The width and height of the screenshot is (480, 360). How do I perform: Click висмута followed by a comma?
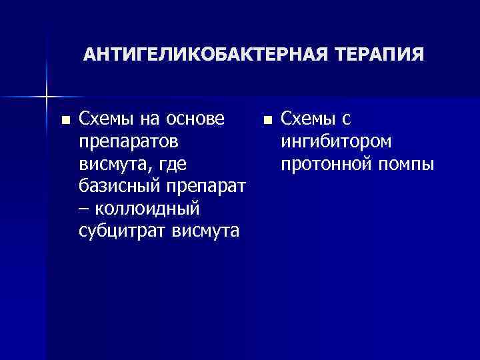[111, 164]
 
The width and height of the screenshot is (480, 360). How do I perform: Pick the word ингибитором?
[337, 142]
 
